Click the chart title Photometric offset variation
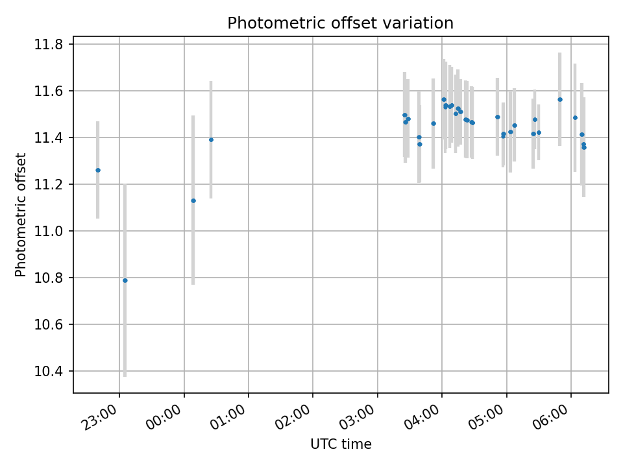click(340, 23)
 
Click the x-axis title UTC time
click(341, 444)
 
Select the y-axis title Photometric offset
click(21, 215)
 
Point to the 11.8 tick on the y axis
click(49, 45)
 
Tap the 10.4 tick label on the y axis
click(49, 372)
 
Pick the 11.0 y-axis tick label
click(49, 232)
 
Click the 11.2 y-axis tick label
click(49, 185)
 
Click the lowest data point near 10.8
click(125, 280)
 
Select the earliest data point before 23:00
click(98, 170)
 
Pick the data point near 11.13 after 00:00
click(193, 200)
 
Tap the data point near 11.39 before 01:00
click(211, 139)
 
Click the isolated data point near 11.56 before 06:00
click(560, 99)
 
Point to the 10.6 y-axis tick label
click(49, 325)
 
